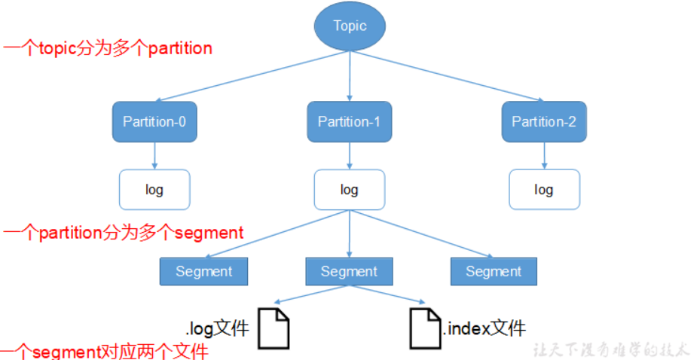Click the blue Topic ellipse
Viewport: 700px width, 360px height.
click(x=350, y=26)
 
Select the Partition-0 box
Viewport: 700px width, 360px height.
click(x=154, y=122)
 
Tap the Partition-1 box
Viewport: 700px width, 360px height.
click(x=350, y=122)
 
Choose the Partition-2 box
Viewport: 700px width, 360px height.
click(x=544, y=122)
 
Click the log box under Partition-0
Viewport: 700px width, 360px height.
click(x=154, y=190)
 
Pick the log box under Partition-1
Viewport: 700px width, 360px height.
click(x=350, y=190)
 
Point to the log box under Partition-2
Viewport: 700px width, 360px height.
click(x=544, y=190)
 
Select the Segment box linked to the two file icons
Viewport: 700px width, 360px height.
click(x=349, y=271)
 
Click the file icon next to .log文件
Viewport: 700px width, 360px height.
click(x=274, y=329)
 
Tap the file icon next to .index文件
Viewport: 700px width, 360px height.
click(x=426, y=329)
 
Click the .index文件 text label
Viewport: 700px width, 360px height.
click(x=484, y=329)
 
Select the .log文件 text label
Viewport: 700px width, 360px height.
click(x=218, y=329)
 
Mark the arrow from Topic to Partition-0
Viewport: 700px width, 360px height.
click(x=252, y=76)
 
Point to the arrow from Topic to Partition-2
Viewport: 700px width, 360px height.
click(x=447, y=76)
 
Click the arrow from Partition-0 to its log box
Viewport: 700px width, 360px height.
click(x=154, y=156)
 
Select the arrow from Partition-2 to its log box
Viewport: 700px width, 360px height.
click(x=544, y=156)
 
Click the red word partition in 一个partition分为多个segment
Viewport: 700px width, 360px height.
click(x=71, y=233)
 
